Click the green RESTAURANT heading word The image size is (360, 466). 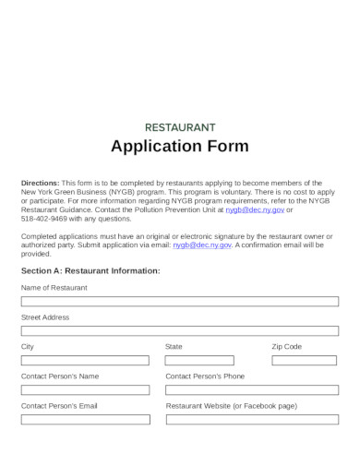(180, 126)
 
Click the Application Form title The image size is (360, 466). (180, 147)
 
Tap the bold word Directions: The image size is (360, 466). (40, 183)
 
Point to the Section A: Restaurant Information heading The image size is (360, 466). (90, 271)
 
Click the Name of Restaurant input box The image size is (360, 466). (180, 301)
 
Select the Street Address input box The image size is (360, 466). (180, 330)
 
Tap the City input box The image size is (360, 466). (85, 360)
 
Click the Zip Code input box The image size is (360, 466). (305, 360)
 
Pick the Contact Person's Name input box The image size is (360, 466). (85, 389)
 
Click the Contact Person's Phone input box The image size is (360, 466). (252, 389)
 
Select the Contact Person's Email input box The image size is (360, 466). (85, 419)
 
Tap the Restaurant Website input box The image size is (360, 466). (252, 419)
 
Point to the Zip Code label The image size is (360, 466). (286, 346)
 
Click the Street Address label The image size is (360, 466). (44, 317)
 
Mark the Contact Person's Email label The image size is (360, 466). (59, 405)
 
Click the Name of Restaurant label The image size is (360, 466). (54, 287)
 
